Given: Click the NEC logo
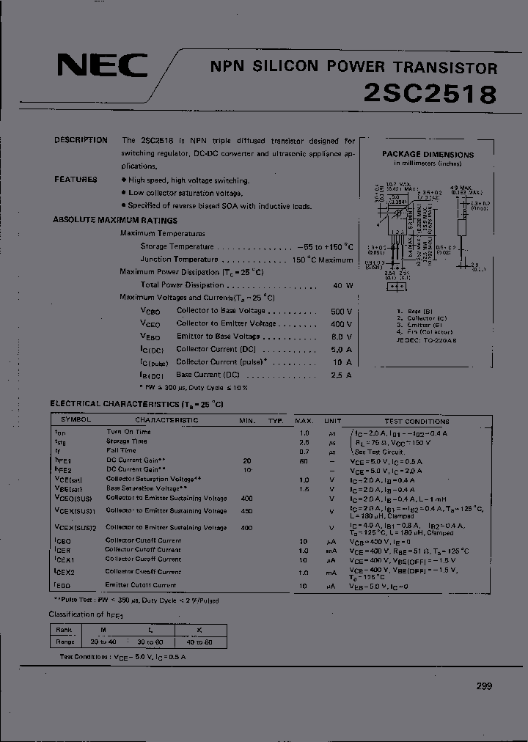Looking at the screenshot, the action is (x=103, y=65).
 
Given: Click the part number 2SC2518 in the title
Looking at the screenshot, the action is (x=430, y=93).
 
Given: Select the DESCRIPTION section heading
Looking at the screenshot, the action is (x=81, y=140).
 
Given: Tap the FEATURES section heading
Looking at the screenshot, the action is (x=76, y=180).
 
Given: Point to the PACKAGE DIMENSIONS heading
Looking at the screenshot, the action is (x=428, y=155).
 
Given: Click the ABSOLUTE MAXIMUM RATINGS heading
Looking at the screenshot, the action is (x=115, y=220).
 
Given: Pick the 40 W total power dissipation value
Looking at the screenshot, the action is (x=342, y=285).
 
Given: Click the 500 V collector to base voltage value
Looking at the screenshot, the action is (x=342, y=311).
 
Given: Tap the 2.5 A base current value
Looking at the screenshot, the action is (x=342, y=375).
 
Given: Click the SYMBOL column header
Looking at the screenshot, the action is (x=76, y=420).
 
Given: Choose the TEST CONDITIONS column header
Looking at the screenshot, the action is (x=417, y=421).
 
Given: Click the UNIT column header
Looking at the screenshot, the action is (x=332, y=421).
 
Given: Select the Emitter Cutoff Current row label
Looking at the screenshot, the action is (x=142, y=585).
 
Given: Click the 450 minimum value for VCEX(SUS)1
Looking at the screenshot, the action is (x=246, y=511).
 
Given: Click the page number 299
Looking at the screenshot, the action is (x=484, y=686).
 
